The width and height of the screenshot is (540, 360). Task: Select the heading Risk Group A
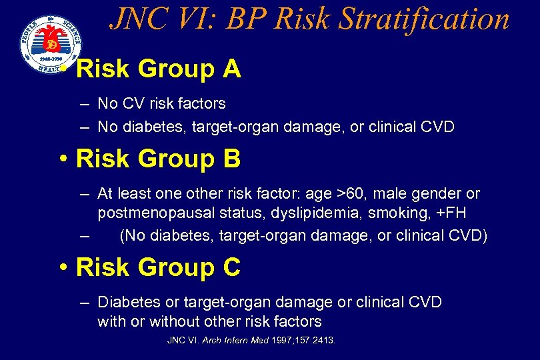[159, 69]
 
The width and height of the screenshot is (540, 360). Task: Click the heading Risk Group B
[159, 159]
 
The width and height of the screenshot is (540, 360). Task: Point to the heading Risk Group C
[159, 267]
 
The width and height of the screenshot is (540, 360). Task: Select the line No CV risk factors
[161, 104]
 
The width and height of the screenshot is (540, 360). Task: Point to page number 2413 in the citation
[325, 341]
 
